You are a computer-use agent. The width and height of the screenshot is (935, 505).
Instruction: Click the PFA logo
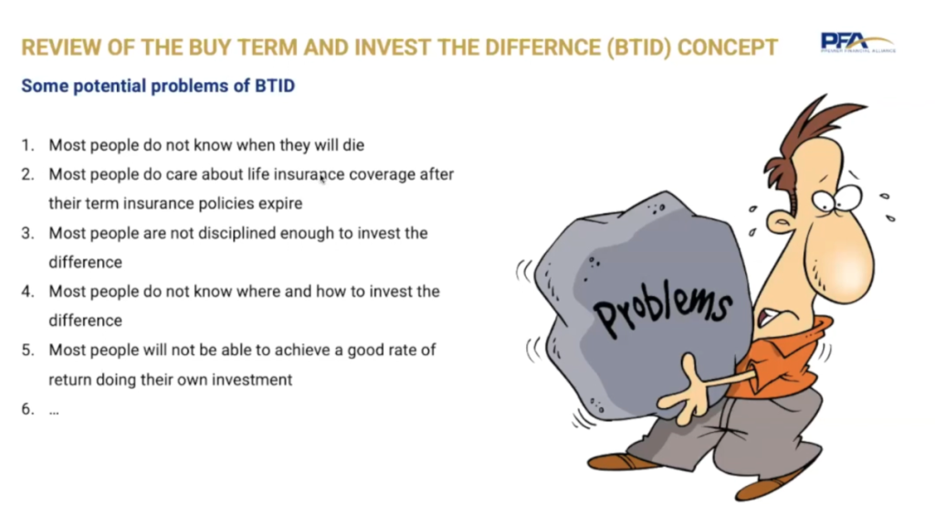pyautogui.click(x=857, y=43)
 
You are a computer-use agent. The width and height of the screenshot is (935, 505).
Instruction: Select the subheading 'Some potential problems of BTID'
pyautogui.click(x=158, y=86)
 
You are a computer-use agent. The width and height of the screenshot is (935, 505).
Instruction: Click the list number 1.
pyautogui.click(x=27, y=145)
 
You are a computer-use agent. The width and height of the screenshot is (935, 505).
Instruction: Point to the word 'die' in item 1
pyautogui.click(x=353, y=145)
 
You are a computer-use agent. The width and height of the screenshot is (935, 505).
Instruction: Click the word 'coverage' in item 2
pyautogui.click(x=384, y=174)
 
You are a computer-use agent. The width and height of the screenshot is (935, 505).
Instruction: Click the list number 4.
pyautogui.click(x=27, y=291)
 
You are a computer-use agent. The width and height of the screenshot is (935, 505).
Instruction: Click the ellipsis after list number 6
pyautogui.click(x=54, y=411)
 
